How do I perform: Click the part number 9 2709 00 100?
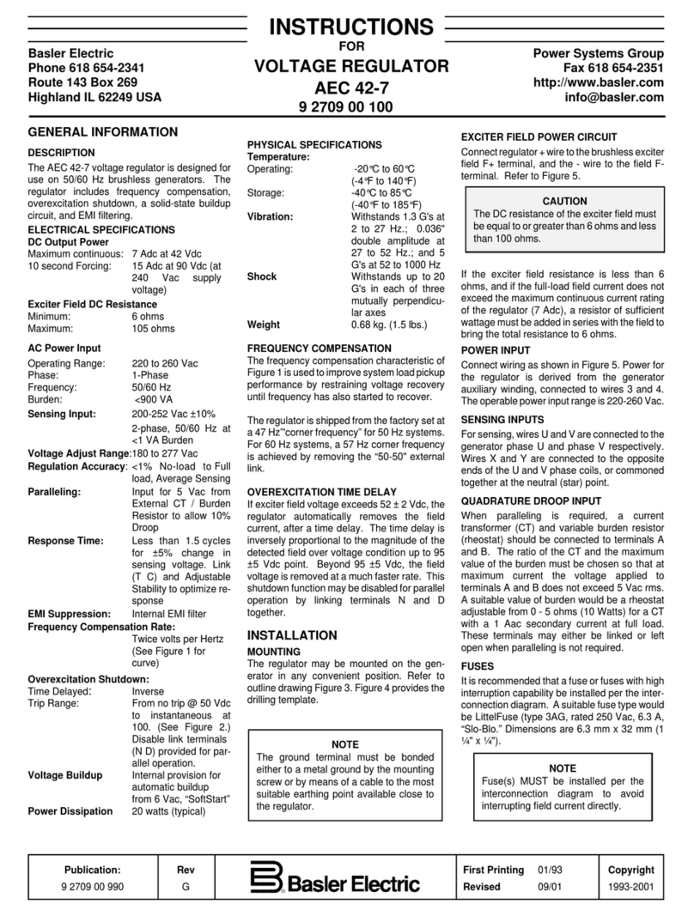[346, 107]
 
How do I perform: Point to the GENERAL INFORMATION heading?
[103, 132]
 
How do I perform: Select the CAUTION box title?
[563, 200]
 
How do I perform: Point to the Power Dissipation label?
[70, 811]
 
